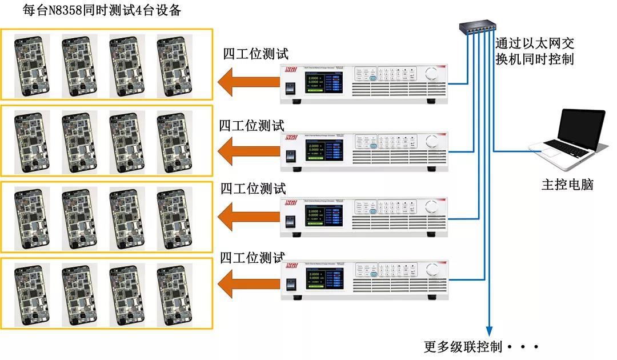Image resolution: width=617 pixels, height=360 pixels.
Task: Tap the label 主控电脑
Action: [567, 185]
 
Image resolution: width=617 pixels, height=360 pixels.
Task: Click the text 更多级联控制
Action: [463, 346]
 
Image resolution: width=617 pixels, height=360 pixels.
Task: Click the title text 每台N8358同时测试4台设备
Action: [101, 10]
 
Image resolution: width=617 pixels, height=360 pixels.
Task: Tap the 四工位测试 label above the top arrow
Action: [255, 54]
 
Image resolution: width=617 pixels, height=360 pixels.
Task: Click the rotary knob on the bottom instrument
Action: [432, 273]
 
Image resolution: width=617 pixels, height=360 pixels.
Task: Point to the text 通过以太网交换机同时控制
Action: [534, 51]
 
